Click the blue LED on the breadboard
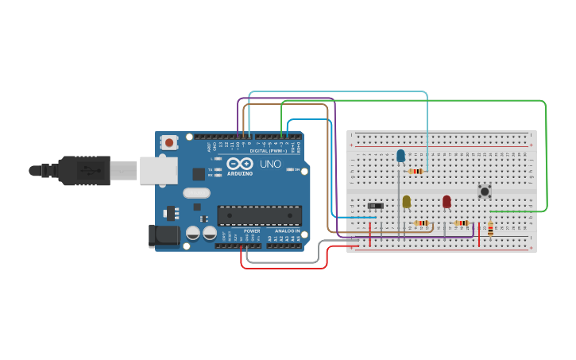pyautogui.click(x=400, y=155)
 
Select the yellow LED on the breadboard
pyautogui.click(x=406, y=202)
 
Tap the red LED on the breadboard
pyautogui.click(x=446, y=202)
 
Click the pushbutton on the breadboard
pyautogui.click(x=484, y=191)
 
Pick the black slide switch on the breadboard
pyautogui.click(x=375, y=207)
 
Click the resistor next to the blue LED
pyautogui.click(x=416, y=171)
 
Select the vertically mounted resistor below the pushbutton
pyautogui.click(x=490, y=229)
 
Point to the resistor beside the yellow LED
pyautogui.click(x=422, y=223)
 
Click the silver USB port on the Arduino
pyautogui.click(x=158, y=170)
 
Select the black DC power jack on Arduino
pyautogui.click(x=163, y=235)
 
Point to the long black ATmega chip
pyautogui.click(x=259, y=215)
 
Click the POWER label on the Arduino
pyautogui.click(x=252, y=231)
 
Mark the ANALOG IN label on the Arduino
pyautogui.click(x=287, y=231)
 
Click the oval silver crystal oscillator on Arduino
pyautogui.click(x=196, y=192)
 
